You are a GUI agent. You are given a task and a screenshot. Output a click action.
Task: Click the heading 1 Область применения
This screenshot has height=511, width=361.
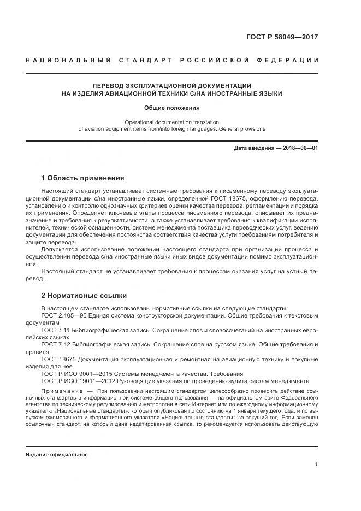pyautogui.click(x=82, y=178)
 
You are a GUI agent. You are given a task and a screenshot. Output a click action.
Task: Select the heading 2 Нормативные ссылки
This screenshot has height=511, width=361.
pyautogui.click(x=84, y=296)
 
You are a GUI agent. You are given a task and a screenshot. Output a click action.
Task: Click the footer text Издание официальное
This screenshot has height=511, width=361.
pyautogui.click(x=57, y=455)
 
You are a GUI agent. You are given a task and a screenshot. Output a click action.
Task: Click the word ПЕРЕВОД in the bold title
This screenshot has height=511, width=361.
pyautogui.click(x=109, y=86)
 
